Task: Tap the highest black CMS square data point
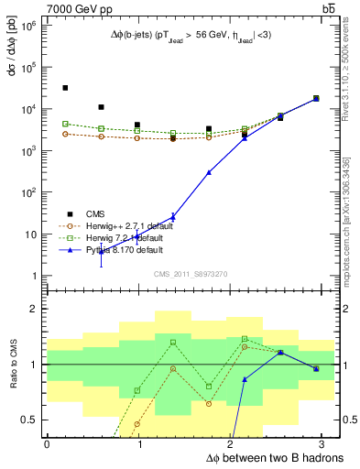pos(64,88)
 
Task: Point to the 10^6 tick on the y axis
pos(30,26)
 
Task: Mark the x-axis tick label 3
pos(323,443)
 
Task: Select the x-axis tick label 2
pos(231,443)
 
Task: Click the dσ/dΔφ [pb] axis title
pos(12,49)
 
